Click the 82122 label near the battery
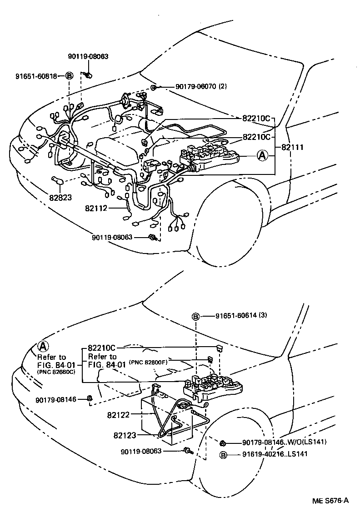click(x=119, y=414)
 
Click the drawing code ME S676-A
click(x=330, y=500)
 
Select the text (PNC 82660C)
click(x=56, y=372)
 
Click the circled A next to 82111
click(x=262, y=156)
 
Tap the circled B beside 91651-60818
click(x=69, y=76)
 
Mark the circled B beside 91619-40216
click(x=223, y=454)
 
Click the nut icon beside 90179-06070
click(x=154, y=87)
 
